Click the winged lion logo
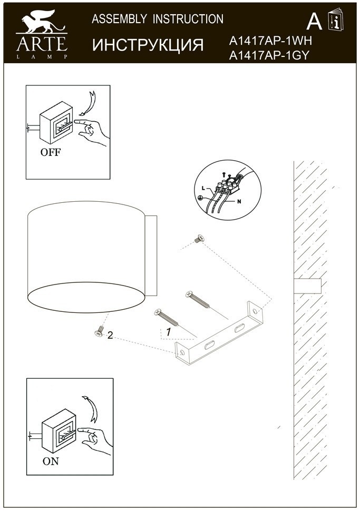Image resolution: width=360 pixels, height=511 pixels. coord(42,22)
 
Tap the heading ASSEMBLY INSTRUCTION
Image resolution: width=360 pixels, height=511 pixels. coord(158,19)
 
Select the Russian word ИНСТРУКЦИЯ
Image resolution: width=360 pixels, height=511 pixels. coord(148,45)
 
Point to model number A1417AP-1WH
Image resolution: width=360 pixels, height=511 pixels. coord(270,41)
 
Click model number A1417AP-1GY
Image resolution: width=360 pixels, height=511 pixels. coord(269,55)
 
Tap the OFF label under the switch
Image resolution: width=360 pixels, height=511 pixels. coord(51,152)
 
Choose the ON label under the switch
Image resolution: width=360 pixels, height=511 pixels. coord(51,461)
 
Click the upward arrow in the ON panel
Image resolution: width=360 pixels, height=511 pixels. coord(91,408)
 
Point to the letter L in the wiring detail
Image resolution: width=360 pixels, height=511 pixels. coord(203,188)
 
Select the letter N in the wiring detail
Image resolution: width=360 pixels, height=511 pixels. coord(239,201)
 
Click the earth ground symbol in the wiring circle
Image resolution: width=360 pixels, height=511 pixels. coord(200,198)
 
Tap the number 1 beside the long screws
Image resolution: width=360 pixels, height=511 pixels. coord(168,332)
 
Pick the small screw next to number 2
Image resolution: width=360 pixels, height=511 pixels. coord(99,331)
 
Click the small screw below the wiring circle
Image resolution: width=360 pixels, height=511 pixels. coord(199,239)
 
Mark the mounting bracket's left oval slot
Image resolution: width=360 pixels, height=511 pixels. coord(209,345)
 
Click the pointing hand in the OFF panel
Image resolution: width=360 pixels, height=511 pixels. coord(93,131)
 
